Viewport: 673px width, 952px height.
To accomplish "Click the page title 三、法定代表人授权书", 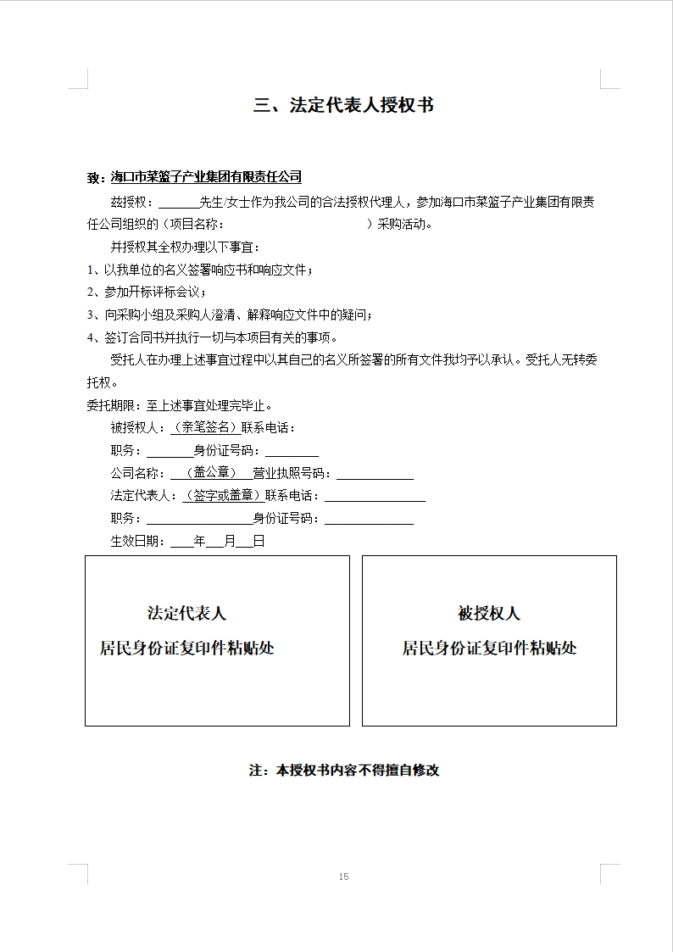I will pyautogui.click(x=344, y=106).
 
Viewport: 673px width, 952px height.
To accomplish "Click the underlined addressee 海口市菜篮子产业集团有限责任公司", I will pyautogui.click(x=206, y=177).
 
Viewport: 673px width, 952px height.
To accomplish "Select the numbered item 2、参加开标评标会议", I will pyautogui.click(x=147, y=292).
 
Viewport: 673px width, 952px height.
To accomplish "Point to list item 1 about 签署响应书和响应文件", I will pyautogui.click(x=201, y=270).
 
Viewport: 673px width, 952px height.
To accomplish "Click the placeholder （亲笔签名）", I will pyautogui.click(x=204, y=428).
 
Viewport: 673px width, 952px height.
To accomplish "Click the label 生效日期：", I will pyautogui.click(x=139, y=541).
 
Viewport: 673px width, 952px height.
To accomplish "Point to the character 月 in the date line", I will pyautogui.click(x=230, y=541).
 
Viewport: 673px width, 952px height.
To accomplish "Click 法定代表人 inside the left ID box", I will pyautogui.click(x=186, y=613).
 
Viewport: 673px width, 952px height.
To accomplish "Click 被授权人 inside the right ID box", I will pyautogui.click(x=489, y=613).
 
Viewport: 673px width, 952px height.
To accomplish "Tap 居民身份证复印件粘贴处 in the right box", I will pyautogui.click(x=489, y=649).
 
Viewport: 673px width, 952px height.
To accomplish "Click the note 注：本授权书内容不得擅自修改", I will pyautogui.click(x=344, y=771).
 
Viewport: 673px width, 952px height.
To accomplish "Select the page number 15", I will pyautogui.click(x=343, y=877).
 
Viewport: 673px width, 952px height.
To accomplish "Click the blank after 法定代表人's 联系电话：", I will pyautogui.click(x=374, y=496).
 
